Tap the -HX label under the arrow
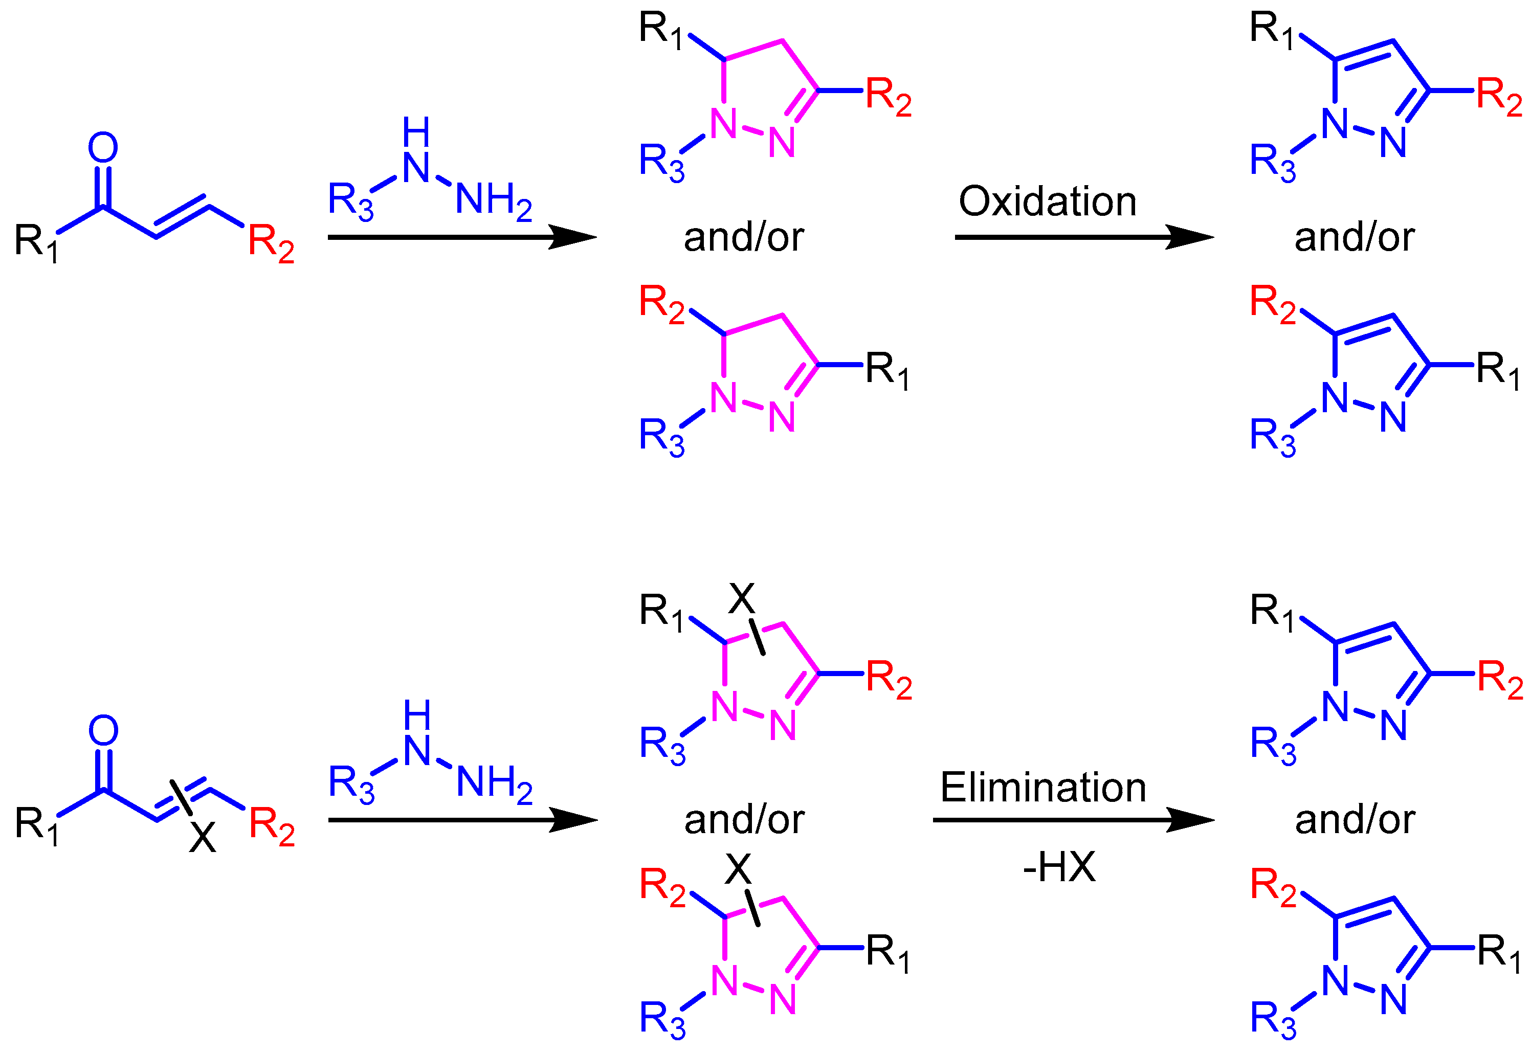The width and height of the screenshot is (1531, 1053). click(x=1059, y=867)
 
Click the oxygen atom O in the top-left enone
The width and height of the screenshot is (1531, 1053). click(x=103, y=148)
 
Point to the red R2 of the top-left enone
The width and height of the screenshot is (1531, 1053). click(x=271, y=243)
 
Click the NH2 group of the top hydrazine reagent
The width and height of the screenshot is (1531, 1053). click(x=494, y=200)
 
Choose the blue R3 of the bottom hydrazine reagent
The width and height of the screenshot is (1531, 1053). click(x=351, y=785)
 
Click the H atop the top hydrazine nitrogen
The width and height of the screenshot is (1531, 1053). click(x=416, y=132)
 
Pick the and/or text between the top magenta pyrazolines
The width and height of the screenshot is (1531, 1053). click(x=744, y=237)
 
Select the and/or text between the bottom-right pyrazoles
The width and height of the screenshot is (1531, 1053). click(x=1355, y=820)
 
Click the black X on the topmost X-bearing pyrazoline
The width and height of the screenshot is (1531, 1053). click(x=742, y=599)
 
